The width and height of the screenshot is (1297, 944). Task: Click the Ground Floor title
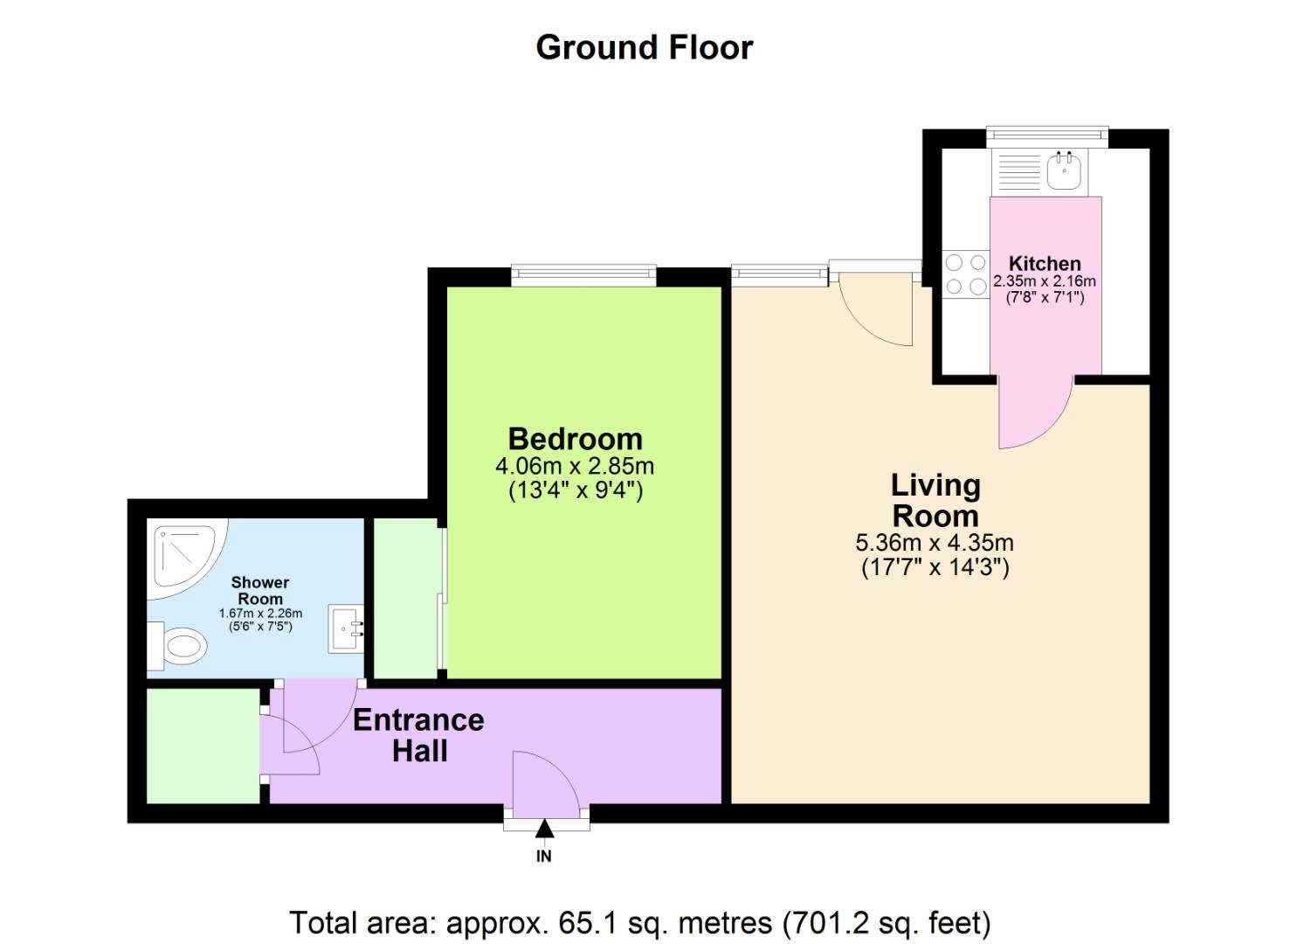[x=644, y=47]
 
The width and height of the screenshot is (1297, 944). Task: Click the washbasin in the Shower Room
[x=347, y=628]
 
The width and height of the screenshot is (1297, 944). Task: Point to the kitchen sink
[x=1063, y=170]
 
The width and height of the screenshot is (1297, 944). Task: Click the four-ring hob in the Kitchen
[x=965, y=274]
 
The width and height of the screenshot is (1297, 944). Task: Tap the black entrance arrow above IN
[x=544, y=829]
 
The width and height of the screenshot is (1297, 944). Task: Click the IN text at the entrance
[x=544, y=857]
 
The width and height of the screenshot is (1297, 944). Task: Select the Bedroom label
[x=575, y=439]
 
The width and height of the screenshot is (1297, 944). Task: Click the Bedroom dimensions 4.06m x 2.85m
[x=575, y=466]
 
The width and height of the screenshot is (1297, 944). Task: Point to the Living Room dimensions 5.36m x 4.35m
[x=935, y=543]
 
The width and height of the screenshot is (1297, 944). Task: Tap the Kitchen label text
[x=1045, y=263]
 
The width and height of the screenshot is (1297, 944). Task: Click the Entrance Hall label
[x=418, y=735]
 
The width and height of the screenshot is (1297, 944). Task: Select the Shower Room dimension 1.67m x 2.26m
[x=260, y=614]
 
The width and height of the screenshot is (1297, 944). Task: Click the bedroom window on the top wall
[x=583, y=275]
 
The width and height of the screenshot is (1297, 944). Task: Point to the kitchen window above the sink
[x=1047, y=136]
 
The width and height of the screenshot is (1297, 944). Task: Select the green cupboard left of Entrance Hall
[x=203, y=746]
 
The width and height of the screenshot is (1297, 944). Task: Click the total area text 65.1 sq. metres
[x=639, y=922]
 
